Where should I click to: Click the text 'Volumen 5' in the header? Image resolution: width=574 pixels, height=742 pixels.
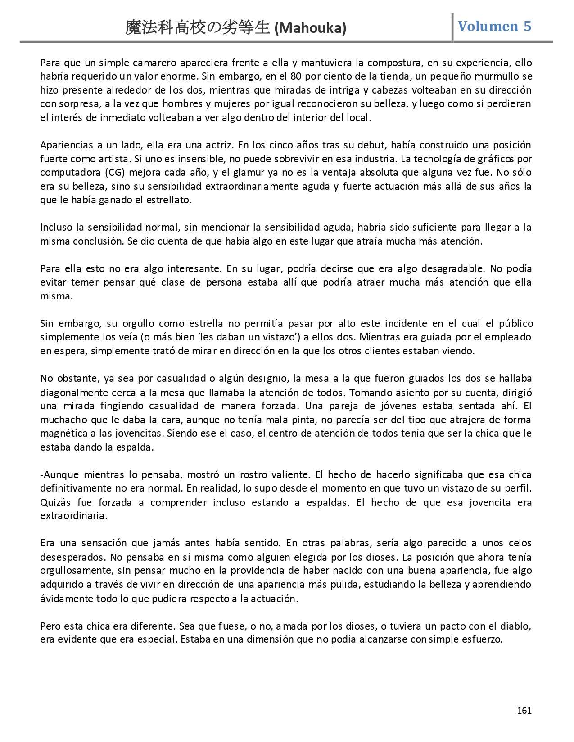(x=494, y=26)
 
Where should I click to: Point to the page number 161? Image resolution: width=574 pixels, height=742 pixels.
(x=524, y=711)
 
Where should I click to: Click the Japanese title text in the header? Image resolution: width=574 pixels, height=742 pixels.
(x=198, y=28)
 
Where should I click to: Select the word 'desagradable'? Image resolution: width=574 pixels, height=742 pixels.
(x=452, y=269)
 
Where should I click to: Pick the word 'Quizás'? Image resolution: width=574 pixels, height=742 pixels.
(x=54, y=502)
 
